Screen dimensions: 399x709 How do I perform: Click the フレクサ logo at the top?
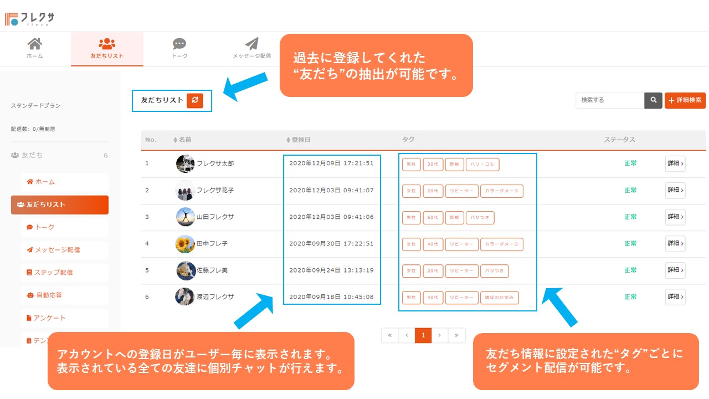30,19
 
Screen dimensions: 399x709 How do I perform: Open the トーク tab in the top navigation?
179,49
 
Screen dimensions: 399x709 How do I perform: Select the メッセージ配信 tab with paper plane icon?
251,49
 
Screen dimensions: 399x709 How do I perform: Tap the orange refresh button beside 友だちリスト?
195,100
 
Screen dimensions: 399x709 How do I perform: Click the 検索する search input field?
610,100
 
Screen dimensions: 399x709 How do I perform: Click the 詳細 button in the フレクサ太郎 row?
675,163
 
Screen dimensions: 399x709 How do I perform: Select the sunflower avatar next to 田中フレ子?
185,244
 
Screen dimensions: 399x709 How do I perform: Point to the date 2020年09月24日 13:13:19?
331,270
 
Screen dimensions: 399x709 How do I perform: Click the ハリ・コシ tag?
482,164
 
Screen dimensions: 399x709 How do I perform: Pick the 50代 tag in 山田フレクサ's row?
433,217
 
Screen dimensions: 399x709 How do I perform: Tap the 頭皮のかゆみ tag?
499,298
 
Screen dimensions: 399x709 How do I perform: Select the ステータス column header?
619,140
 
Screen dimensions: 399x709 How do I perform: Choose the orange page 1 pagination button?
423,335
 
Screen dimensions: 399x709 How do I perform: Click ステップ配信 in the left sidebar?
53,273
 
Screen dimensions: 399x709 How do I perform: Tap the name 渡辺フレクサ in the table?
215,297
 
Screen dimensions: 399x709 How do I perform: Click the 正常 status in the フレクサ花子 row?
630,190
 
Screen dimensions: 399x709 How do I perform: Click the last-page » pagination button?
456,335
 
